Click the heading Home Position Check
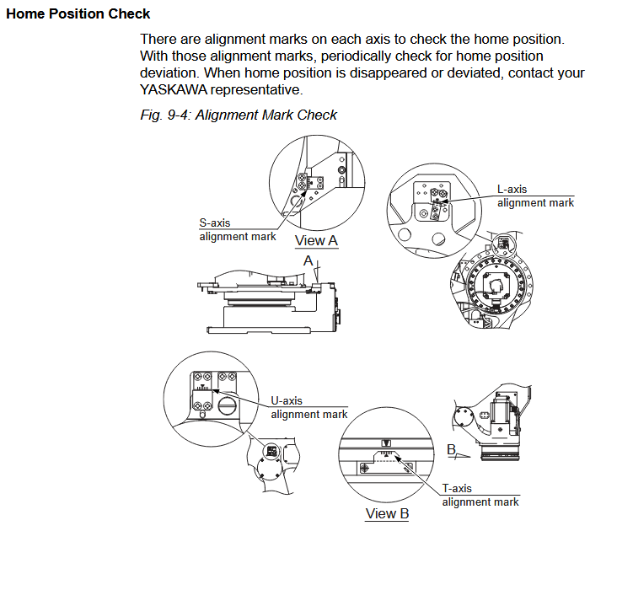point(78,13)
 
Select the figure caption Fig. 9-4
point(239,115)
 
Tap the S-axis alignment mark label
point(237,230)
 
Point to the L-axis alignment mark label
point(535,196)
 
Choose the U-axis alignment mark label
point(308,407)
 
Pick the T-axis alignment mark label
point(480,495)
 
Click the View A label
point(316,241)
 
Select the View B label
point(387,513)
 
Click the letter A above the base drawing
point(309,262)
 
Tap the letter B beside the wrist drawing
point(452,450)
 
